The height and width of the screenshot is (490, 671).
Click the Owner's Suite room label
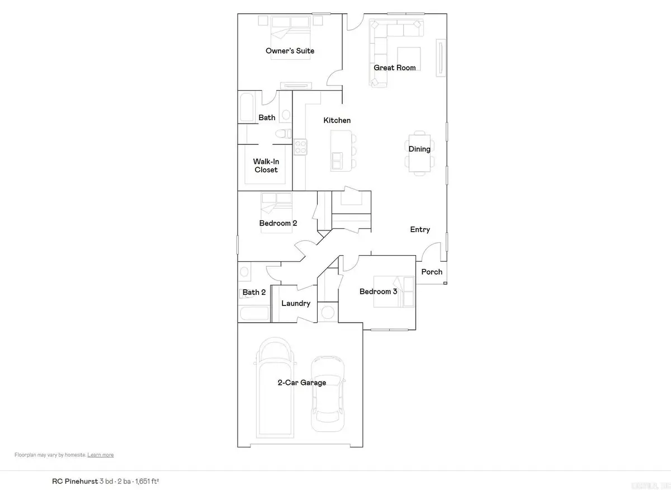(290, 51)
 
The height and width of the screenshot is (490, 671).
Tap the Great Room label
(395, 68)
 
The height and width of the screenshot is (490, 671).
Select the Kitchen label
(337, 120)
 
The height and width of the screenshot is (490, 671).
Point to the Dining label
(419, 149)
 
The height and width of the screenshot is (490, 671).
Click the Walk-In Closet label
(266, 166)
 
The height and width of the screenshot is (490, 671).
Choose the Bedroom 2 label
(278, 223)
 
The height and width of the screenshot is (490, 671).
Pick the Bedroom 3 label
(379, 291)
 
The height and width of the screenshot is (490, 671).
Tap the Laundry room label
(296, 303)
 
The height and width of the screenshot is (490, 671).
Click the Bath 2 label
(254, 292)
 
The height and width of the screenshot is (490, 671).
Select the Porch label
(432, 272)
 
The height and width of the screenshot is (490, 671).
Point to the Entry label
(420, 229)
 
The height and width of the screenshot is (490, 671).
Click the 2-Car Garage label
(302, 383)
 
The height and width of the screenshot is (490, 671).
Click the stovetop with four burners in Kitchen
(301, 147)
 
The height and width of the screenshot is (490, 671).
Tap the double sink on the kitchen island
(338, 160)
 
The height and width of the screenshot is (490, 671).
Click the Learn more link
(101, 455)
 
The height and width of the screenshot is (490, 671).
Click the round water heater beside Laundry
(328, 311)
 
